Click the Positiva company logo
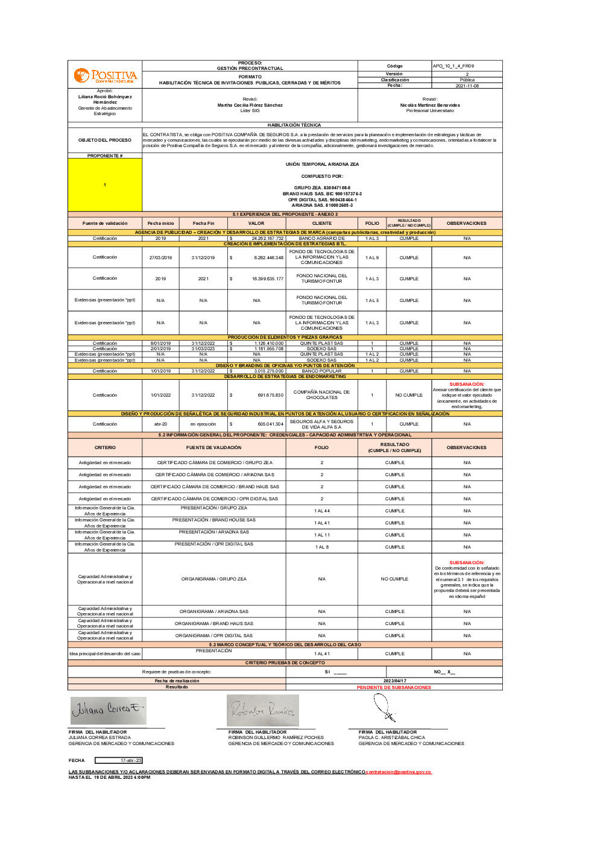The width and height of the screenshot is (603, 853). coord(105,75)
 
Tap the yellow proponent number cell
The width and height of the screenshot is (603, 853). coord(105,184)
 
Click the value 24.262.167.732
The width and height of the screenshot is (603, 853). coord(267,239)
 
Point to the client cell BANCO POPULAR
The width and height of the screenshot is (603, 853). coord(321,371)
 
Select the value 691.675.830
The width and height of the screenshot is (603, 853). coord(270,395)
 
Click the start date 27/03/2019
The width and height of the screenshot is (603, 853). coord(160,257)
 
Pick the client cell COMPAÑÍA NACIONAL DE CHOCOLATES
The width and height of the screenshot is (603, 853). coord(321,395)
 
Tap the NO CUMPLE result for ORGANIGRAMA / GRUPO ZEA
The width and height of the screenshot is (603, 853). coord(394,579)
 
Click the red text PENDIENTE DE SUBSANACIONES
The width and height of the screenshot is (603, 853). coord(394,687)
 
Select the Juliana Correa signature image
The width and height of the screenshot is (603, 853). coord(109,710)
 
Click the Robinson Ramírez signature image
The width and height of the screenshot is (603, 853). coord(263,710)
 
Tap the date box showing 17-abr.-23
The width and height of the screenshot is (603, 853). coord(119,760)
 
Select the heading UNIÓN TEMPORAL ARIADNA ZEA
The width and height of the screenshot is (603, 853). coord(322,164)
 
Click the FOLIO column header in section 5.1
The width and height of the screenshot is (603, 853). coord(372,223)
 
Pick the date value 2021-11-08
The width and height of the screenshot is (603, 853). coord(467,86)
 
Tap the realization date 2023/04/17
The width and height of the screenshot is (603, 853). coord(394,681)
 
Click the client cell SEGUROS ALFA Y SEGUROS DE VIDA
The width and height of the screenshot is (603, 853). coord(321,424)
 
